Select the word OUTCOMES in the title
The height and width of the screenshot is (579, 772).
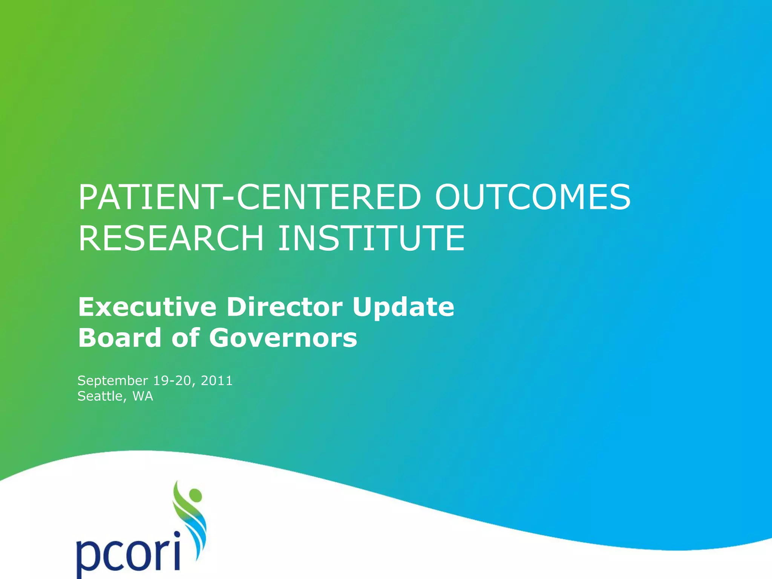click(533, 197)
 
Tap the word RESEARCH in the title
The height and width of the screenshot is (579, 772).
click(171, 238)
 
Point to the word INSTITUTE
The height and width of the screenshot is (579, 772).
click(371, 238)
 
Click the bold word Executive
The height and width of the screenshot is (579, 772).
click(147, 307)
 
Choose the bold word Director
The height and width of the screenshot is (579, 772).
click(284, 307)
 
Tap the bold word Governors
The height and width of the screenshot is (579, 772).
click(283, 338)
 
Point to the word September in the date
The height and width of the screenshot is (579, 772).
click(113, 381)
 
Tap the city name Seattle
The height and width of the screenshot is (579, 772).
click(100, 396)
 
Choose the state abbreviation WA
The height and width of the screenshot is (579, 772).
click(143, 396)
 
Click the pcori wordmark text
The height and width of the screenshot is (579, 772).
click(128, 554)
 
